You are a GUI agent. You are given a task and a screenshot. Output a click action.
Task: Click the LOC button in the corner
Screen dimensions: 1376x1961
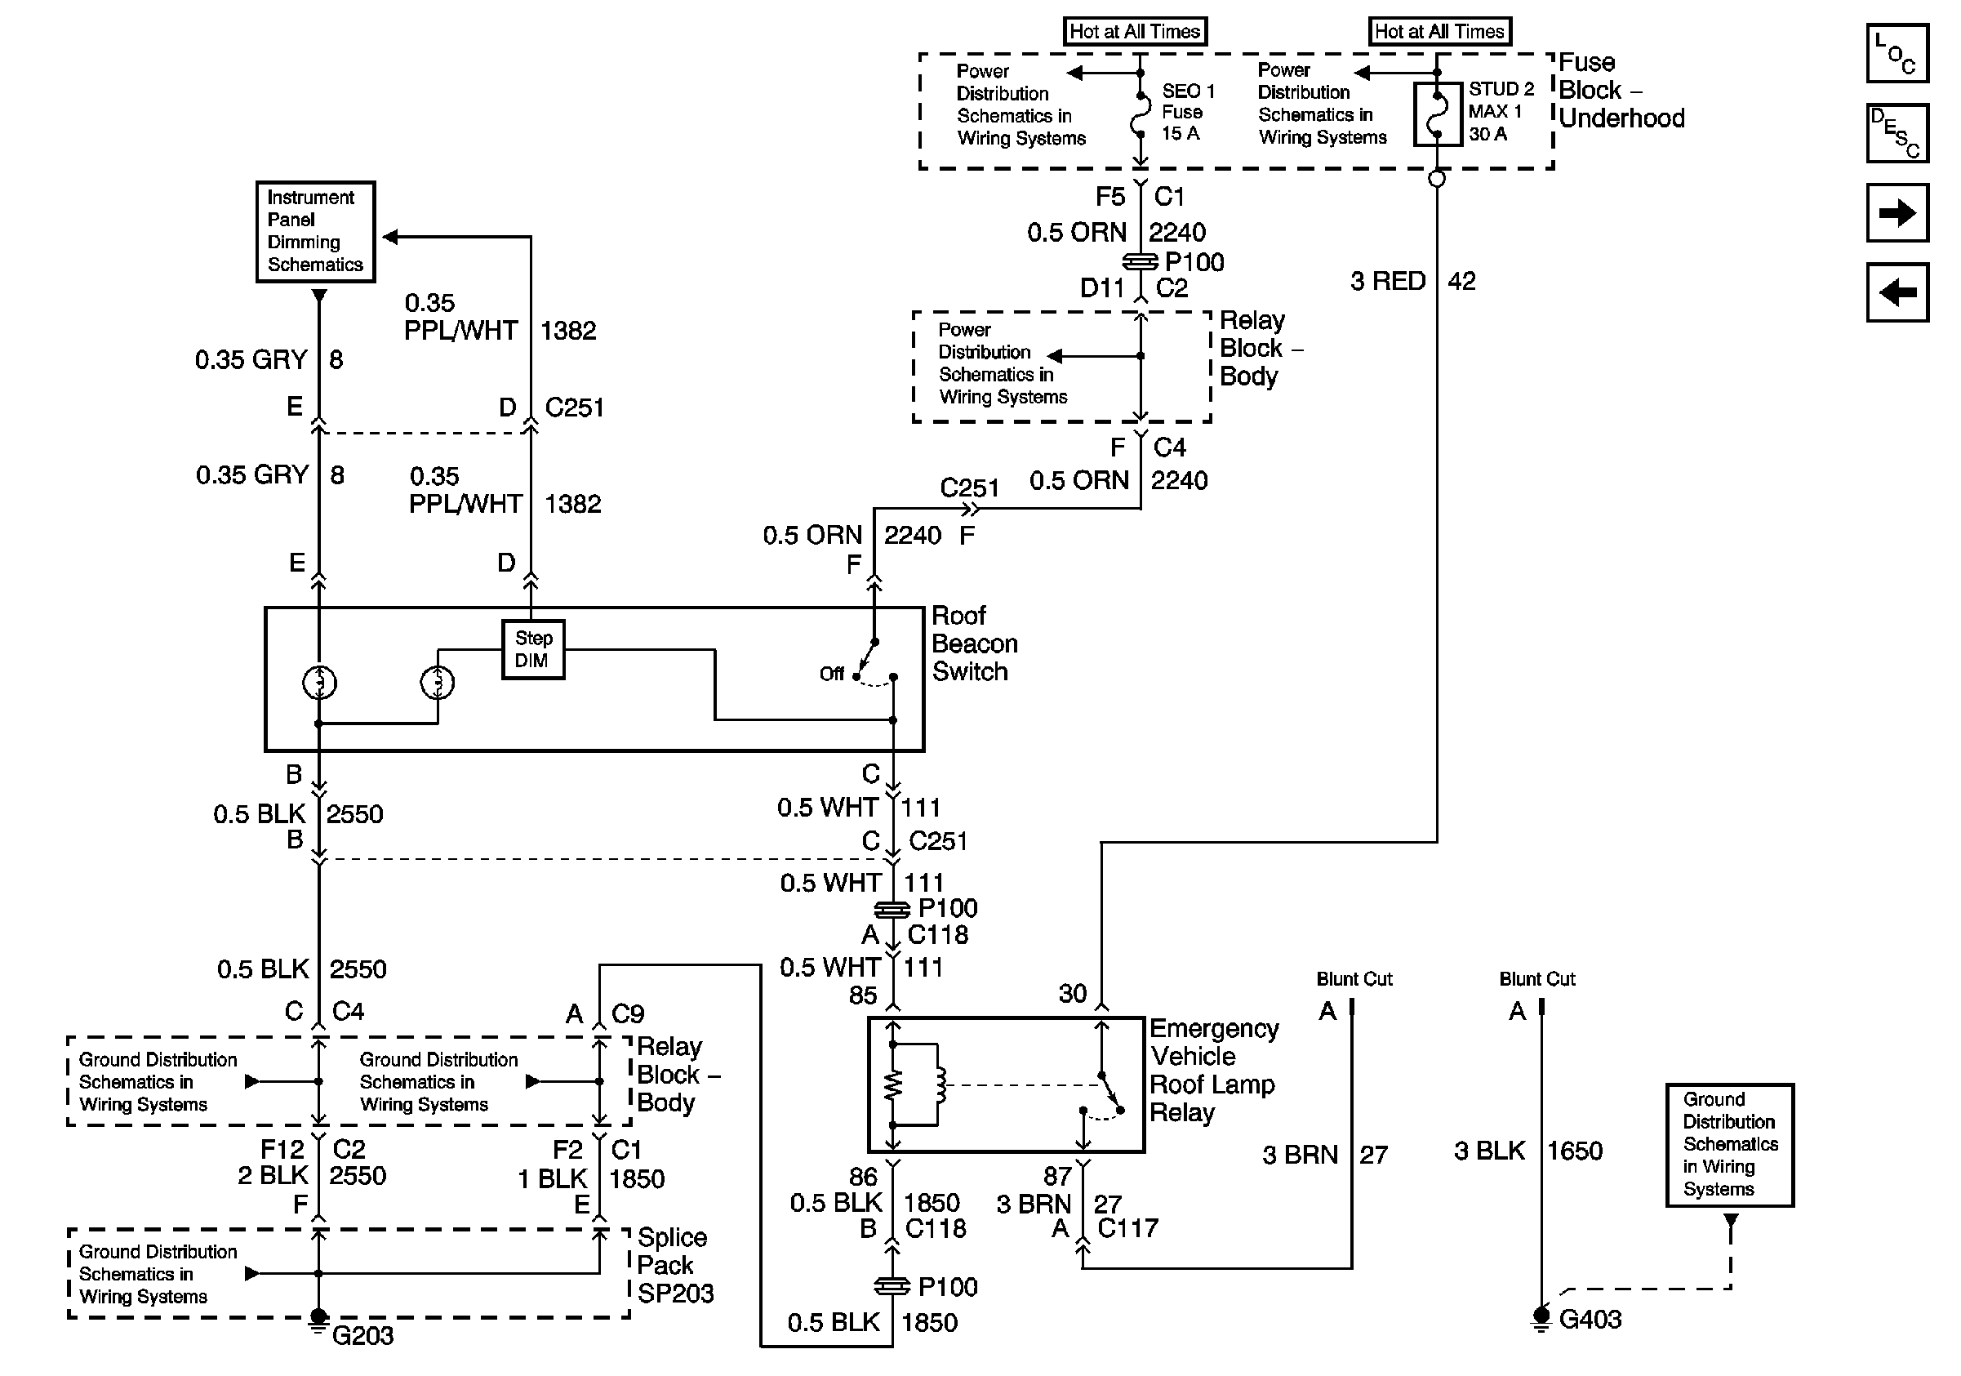[1897, 53]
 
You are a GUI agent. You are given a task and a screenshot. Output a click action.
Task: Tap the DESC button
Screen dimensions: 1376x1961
[1897, 133]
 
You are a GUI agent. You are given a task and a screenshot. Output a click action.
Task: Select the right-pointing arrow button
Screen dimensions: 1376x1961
[1897, 212]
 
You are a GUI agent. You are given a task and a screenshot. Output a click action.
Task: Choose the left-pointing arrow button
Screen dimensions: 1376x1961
[1897, 292]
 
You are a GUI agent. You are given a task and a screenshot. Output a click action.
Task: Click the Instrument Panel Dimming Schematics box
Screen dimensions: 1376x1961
[315, 231]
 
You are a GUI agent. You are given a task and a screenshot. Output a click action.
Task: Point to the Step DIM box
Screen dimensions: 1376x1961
[532, 649]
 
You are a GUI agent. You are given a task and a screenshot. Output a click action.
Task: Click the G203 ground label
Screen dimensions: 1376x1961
[362, 1335]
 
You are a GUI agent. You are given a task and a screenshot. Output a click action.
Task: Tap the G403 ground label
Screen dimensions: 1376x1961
[1590, 1320]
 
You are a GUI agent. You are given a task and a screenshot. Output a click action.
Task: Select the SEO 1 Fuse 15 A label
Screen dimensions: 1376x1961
[1187, 112]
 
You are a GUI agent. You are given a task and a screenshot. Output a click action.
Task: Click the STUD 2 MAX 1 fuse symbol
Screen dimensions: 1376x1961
[1438, 114]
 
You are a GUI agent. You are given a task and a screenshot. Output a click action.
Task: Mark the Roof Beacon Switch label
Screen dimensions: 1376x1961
[974, 643]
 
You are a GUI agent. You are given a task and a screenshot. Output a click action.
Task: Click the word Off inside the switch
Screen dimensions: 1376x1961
[831, 674]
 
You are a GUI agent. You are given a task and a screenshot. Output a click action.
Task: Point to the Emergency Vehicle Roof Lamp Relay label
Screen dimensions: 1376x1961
[1213, 1071]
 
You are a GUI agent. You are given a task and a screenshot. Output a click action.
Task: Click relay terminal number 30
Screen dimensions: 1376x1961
[1073, 993]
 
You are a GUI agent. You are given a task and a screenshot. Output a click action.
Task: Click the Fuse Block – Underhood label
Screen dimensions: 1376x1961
[1621, 91]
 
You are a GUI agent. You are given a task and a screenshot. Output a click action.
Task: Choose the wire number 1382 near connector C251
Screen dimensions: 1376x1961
[568, 331]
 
